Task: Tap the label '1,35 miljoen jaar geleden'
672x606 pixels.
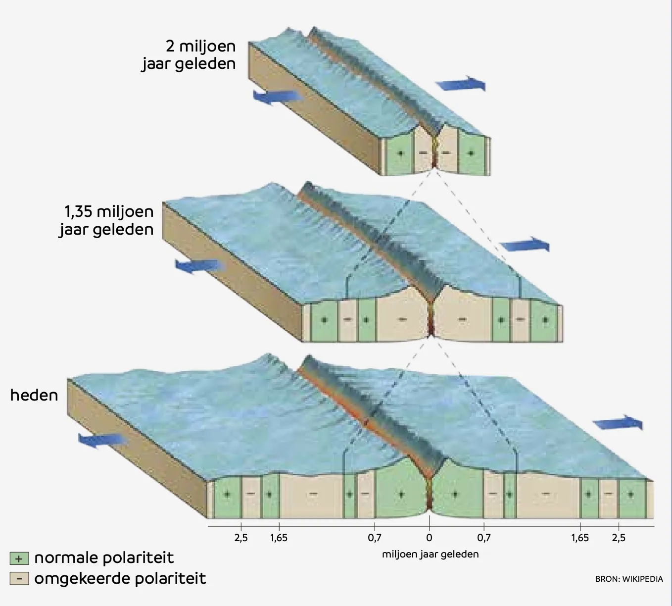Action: pyautogui.click(x=106, y=221)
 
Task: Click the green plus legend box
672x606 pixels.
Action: pyautogui.click(x=19, y=559)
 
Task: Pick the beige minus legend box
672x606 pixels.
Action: pyautogui.click(x=19, y=578)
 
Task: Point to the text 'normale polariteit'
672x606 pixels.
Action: pyautogui.click(x=104, y=558)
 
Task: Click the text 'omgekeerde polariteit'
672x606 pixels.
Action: pyautogui.click(x=120, y=578)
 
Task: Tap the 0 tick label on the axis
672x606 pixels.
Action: pyautogui.click(x=429, y=538)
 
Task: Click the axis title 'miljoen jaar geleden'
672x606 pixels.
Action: pyautogui.click(x=431, y=555)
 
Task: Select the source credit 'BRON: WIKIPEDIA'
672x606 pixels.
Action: pyautogui.click(x=629, y=579)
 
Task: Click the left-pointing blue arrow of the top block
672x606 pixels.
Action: pyautogui.click(x=278, y=97)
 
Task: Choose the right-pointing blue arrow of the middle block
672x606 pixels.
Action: pyautogui.click(x=525, y=245)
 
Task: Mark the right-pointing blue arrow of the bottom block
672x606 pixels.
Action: pyautogui.click(x=618, y=422)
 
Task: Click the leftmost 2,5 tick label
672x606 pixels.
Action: pyautogui.click(x=241, y=538)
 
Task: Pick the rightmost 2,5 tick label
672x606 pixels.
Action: pyautogui.click(x=619, y=538)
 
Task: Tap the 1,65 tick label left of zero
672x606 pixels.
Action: pyautogui.click(x=279, y=538)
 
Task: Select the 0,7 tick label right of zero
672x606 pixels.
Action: pyautogui.click(x=484, y=538)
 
